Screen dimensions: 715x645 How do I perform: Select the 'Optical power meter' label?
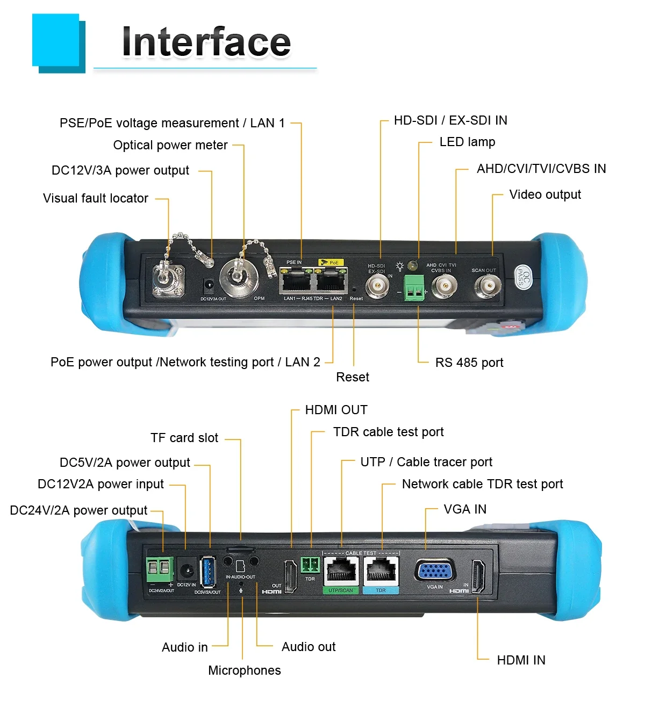tap(170, 145)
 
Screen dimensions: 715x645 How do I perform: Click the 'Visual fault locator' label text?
tap(96, 198)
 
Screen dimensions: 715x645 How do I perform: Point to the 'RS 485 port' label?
tap(469, 363)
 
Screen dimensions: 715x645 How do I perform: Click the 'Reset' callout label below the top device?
tap(352, 377)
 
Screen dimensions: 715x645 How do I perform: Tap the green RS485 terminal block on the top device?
tap(414, 288)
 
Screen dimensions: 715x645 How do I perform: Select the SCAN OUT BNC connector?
tap(488, 286)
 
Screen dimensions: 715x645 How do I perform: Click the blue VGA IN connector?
tap(435, 570)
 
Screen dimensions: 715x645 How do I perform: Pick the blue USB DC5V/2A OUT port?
tap(206, 572)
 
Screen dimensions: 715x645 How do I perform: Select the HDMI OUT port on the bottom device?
tap(290, 575)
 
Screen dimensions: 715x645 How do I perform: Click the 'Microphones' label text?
tap(244, 670)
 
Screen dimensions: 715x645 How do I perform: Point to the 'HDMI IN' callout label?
tap(520, 660)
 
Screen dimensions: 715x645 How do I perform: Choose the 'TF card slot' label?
tap(184, 438)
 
